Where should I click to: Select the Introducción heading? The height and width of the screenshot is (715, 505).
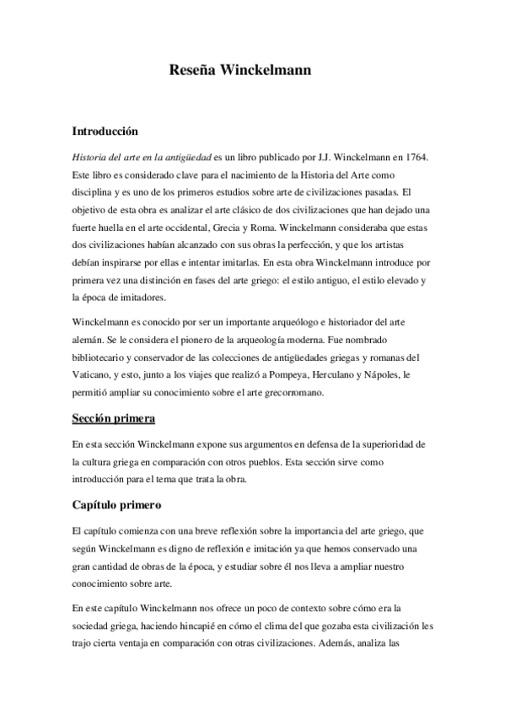[105, 132]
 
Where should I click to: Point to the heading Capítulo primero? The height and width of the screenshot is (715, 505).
[116, 506]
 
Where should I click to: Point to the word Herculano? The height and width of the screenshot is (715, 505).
[354, 374]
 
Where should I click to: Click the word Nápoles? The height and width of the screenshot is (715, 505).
[406, 374]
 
